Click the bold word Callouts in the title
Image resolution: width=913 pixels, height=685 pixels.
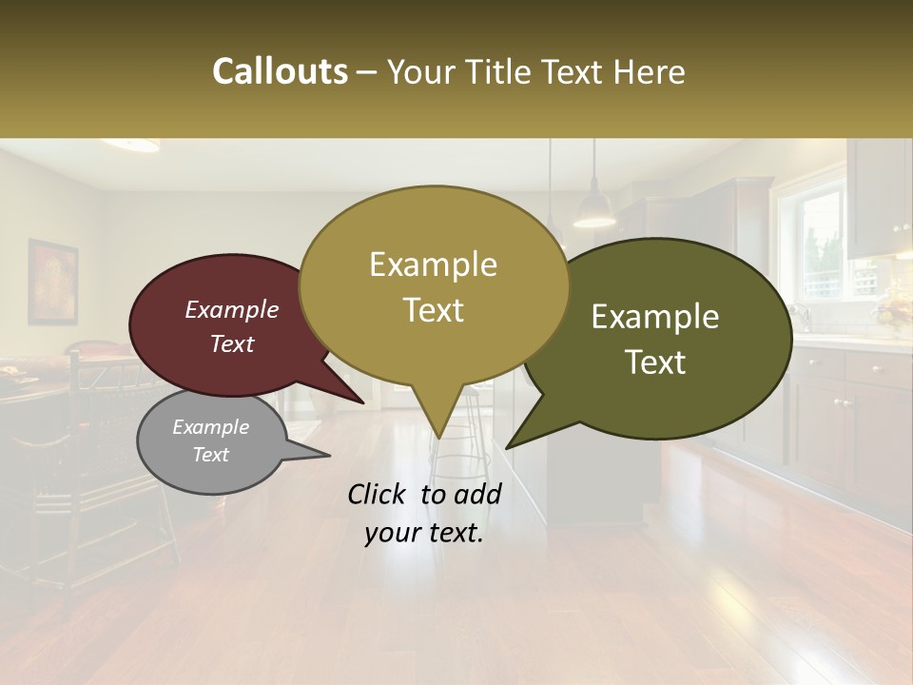(280, 71)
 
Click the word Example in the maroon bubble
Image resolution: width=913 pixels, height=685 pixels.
(231, 310)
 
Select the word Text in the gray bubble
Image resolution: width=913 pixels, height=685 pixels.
(210, 455)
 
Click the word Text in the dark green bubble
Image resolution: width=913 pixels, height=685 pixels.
(655, 362)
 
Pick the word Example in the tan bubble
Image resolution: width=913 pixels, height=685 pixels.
(433, 264)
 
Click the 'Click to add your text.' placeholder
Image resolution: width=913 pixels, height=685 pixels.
(424, 514)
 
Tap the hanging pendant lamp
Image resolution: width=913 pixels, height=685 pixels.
(594, 209)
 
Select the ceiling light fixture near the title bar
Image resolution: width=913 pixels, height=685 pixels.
(130, 145)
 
